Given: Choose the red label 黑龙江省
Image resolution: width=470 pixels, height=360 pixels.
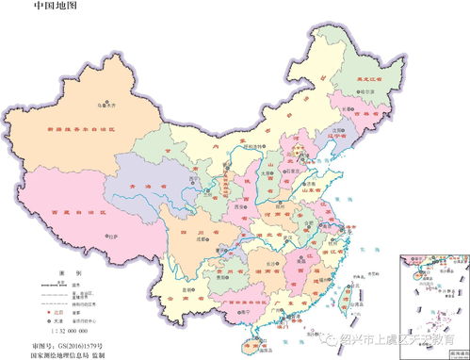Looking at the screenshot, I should click(x=375, y=80).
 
